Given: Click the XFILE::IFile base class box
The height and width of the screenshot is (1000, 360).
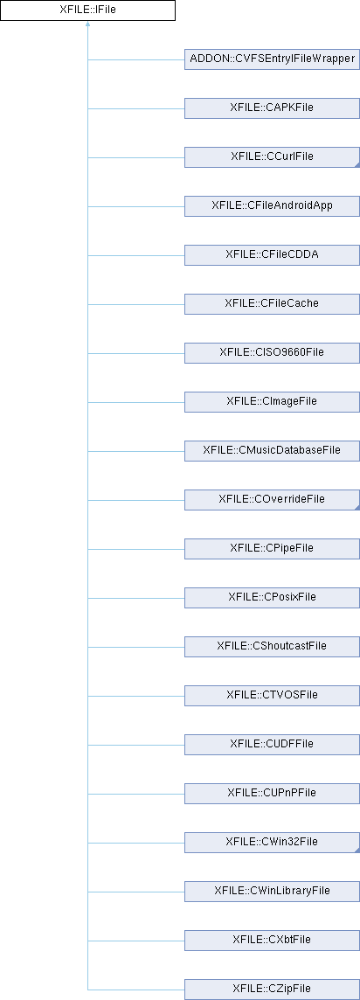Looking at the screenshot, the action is click(x=87, y=10).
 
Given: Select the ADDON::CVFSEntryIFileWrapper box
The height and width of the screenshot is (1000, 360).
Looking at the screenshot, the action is click(x=272, y=59).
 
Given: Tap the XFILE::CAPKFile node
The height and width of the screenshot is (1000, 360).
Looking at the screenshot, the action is click(x=272, y=108).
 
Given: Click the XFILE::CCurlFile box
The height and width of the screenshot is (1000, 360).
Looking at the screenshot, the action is click(x=272, y=157).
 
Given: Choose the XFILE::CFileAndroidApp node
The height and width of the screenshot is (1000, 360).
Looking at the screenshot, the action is click(x=272, y=206).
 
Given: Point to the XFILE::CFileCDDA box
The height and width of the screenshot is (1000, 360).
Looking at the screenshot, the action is click(x=272, y=255).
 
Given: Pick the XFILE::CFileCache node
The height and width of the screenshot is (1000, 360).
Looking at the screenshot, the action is click(x=272, y=304).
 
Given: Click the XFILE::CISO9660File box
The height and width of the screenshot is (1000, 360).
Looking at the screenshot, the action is click(x=272, y=352).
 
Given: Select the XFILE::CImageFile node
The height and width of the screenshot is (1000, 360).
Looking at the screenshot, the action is click(x=272, y=402).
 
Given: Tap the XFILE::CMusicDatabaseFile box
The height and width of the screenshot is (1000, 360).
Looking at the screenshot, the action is click(x=272, y=451).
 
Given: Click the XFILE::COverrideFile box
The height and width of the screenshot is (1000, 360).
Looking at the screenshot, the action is click(x=272, y=499).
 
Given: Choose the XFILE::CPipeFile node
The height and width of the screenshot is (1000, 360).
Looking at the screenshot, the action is click(x=272, y=548).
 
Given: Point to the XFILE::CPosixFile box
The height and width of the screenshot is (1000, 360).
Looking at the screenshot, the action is click(x=272, y=598).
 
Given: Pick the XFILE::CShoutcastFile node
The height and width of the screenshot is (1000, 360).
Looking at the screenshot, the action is click(x=272, y=646).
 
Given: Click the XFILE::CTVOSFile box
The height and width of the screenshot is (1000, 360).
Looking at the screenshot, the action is click(x=272, y=695).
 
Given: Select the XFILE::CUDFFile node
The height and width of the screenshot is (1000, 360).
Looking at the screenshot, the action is click(x=272, y=744).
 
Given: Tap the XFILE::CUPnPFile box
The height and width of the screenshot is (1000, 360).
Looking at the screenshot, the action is click(x=272, y=793).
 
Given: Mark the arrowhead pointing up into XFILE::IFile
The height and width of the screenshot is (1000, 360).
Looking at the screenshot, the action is click(x=87, y=24).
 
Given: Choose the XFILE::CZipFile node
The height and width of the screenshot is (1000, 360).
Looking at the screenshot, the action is click(x=272, y=990).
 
